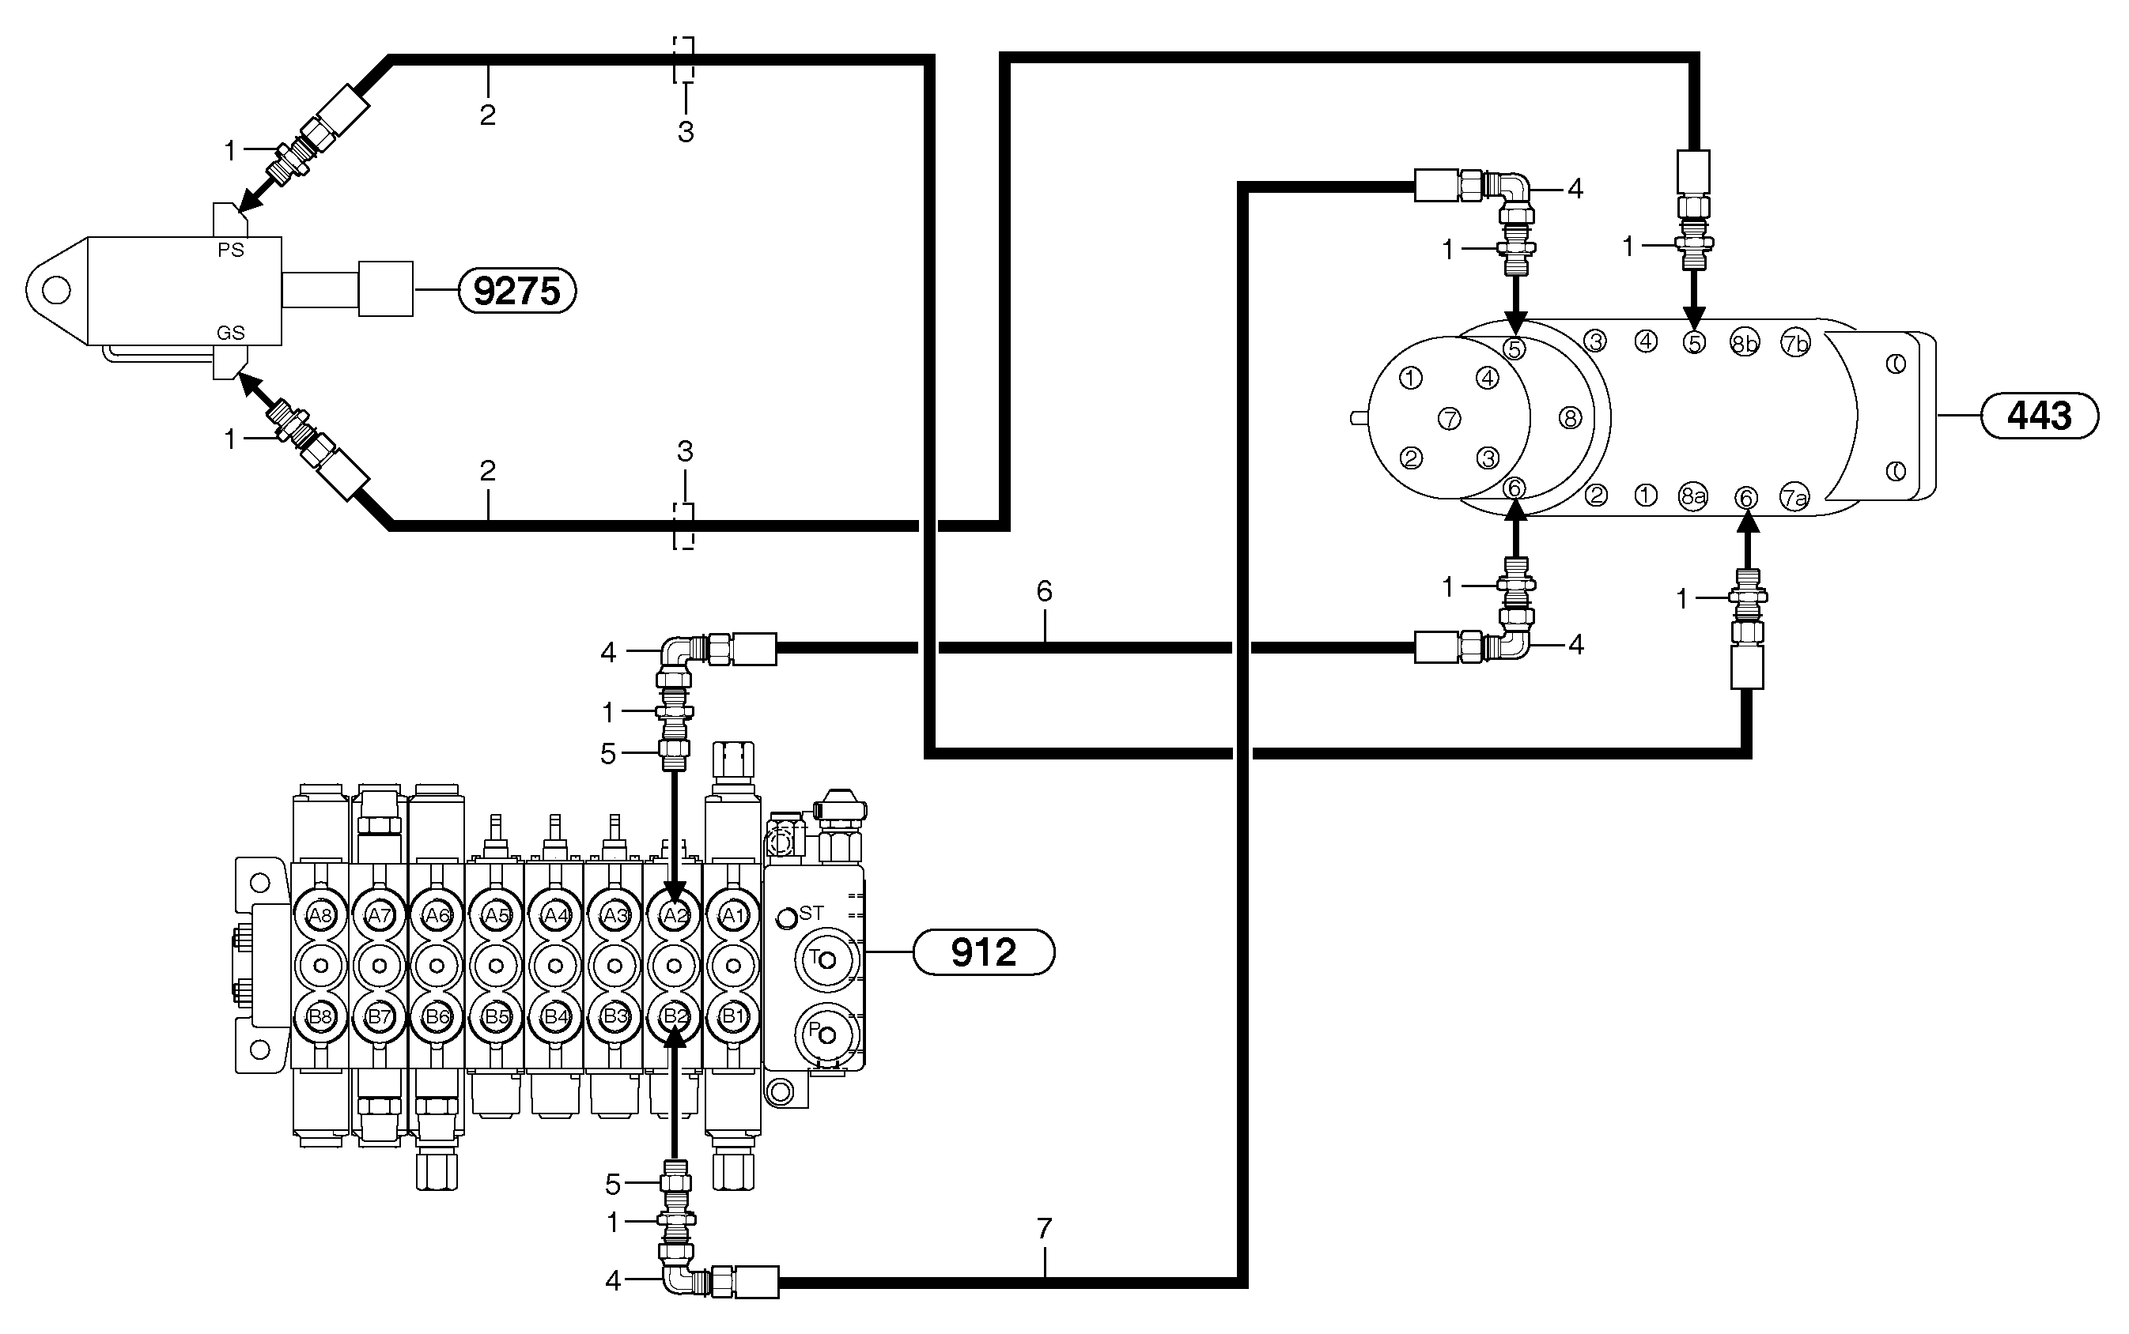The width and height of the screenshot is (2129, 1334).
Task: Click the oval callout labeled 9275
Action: (x=516, y=291)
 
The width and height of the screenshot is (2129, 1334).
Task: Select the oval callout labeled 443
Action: (x=2039, y=416)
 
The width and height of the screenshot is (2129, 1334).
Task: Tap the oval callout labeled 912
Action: (x=982, y=952)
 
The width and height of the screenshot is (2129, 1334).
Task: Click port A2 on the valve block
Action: (x=675, y=916)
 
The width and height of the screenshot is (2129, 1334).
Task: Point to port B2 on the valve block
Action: (x=675, y=1016)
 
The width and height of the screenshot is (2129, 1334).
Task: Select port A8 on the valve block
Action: (x=320, y=916)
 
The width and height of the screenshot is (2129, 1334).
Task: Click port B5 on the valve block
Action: (x=497, y=1016)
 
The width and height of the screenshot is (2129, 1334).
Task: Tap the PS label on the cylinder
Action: (x=230, y=251)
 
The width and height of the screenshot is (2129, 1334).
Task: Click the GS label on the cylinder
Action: (x=230, y=333)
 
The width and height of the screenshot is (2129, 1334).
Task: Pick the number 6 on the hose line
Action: (x=1044, y=591)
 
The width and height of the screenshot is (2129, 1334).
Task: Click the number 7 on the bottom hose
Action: (x=1044, y=1228)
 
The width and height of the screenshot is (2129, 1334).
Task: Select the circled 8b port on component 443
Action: (x=1744, y=342)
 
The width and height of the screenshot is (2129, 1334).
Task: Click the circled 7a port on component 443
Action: (x=1794, y=498)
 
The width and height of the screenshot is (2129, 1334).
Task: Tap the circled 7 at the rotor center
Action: (x=1450, y=418)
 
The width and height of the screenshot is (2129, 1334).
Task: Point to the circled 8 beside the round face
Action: (x=1569, y=418)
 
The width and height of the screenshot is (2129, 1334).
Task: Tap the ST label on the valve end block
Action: (x=811, y=913)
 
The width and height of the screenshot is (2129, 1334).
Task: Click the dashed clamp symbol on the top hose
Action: (x=684, y=60)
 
